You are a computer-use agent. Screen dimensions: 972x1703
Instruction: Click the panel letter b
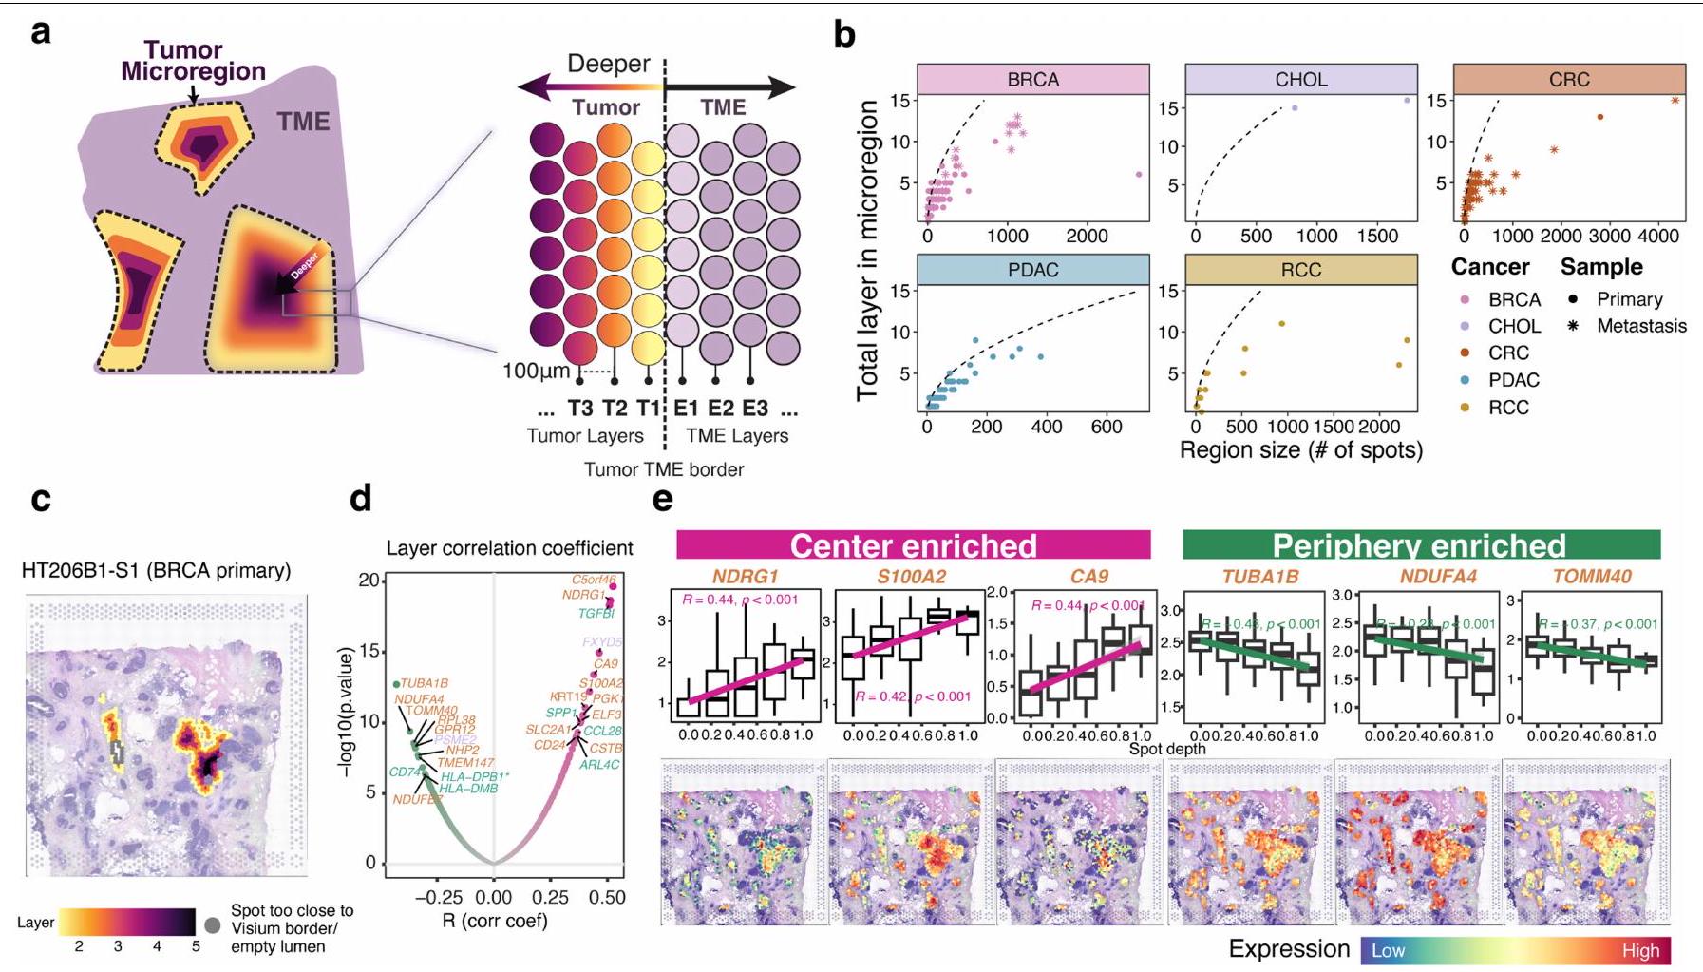(x=843, y=35)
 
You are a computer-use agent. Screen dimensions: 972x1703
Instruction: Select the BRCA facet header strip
(x=1032, y=80)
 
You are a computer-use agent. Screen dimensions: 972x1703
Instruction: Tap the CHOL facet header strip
(x=1300, y=80)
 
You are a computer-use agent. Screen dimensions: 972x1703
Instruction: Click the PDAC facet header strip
(x=1032, y=270)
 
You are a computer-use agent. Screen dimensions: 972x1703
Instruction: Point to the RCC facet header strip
(x=1300, y=270)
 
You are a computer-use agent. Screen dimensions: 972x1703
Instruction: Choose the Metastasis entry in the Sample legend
(x=1641, y=326)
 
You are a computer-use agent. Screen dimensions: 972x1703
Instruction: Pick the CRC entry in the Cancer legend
(x=1508, y=353)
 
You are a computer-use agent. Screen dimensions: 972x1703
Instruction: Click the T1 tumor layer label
(x=649, y=409)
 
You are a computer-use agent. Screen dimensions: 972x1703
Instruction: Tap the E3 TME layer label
(x=755, y=409)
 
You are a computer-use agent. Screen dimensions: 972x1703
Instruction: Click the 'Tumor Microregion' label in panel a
(x=192, y=61)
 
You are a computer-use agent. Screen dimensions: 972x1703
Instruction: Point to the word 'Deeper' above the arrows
(x=608, y=64)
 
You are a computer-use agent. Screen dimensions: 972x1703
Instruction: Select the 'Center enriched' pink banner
(x=913, y=545)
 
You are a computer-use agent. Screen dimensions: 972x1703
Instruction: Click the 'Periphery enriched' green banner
(x=1419, y=545)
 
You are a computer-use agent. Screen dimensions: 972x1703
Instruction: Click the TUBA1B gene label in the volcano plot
(x=424, y=683)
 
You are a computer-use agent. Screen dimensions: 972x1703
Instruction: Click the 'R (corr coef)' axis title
(x=494, y=920)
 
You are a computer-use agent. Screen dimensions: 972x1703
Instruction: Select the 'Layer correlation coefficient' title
(x=509, y=548)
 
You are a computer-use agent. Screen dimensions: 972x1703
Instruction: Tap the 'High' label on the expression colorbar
(x=1640, y=950)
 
